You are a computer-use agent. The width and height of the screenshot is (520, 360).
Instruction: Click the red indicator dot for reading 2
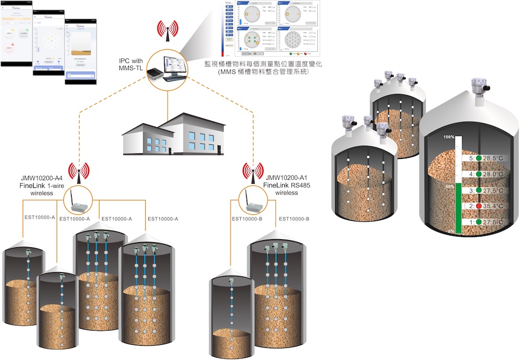[x=478, y=207]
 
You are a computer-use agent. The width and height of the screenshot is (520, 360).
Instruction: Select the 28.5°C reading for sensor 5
[x=493, y=158]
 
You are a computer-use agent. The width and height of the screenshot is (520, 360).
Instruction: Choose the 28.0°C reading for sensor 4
[x=493, y=174]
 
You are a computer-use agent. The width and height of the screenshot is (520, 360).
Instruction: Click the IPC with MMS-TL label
[x=131, y=66]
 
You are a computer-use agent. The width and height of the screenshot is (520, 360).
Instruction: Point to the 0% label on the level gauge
[x=450, y=232]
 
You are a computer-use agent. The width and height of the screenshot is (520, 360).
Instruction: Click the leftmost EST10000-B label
[x=247, y=219]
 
